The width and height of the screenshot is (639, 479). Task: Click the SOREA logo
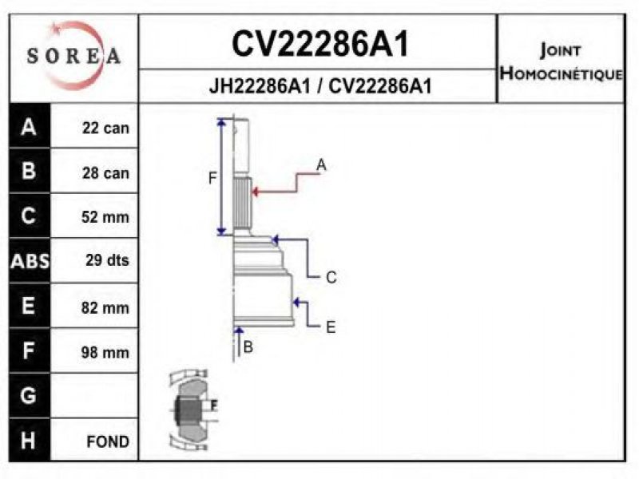point(73,55)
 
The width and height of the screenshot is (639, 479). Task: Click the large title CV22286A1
point(319,45)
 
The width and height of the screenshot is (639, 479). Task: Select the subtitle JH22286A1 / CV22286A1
point(319,86)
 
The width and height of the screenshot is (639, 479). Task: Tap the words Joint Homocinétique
point(561,62)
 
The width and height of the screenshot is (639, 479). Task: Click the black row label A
point(30,127)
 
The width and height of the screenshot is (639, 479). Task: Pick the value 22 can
point(105,128)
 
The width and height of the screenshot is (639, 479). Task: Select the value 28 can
point(105,172)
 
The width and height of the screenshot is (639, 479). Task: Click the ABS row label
point(30,261)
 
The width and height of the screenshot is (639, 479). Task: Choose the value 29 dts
point(106,260)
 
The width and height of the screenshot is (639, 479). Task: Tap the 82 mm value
point(105,307)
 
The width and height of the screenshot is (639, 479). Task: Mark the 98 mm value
point(105,352)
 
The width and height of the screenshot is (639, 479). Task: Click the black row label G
point(30,395)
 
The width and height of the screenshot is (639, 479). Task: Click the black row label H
point(30,440)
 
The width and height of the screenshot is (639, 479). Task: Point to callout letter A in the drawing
point(321,165)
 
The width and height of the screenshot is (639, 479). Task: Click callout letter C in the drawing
point(331,278)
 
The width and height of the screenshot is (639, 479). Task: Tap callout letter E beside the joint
point(330,327)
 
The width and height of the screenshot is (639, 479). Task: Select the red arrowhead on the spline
point(256,191)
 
